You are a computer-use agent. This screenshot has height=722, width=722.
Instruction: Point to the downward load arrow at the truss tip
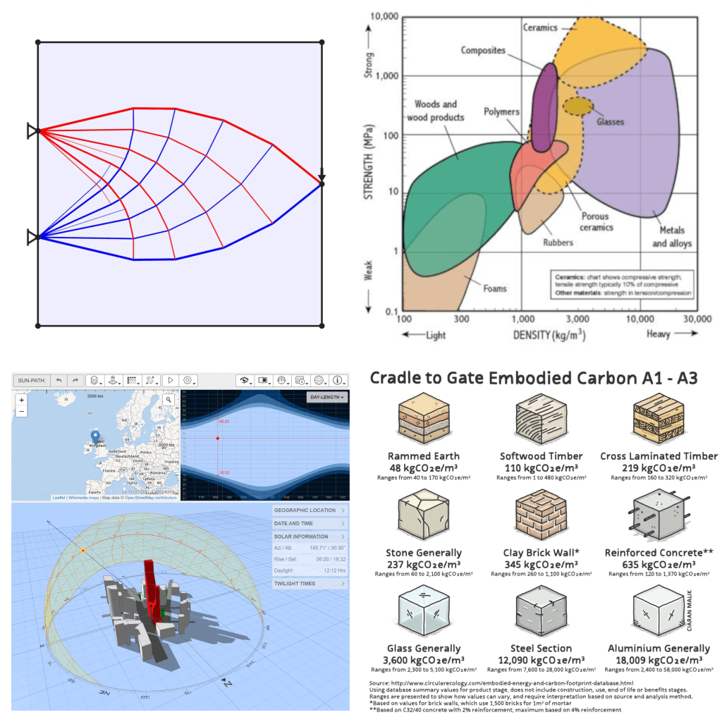coord(322,176)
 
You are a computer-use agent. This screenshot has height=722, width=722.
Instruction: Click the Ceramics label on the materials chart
coord(540,28)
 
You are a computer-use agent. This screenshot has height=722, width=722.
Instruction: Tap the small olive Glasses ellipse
coord(578,106)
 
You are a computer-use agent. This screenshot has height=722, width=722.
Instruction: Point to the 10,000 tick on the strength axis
coord(381,16)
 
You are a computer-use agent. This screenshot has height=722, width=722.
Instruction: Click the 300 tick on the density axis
coord(460,319)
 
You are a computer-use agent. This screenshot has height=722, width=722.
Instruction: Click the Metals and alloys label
coord(671,237)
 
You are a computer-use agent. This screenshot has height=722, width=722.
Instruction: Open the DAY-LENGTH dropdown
coord(328,398)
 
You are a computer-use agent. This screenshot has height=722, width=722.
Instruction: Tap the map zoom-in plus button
coord(22,400)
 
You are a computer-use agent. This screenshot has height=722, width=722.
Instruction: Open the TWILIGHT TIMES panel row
coord(310,584)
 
